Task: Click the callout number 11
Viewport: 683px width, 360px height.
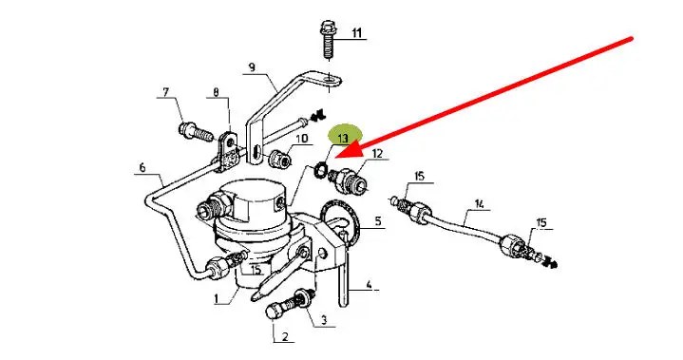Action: point(357,32)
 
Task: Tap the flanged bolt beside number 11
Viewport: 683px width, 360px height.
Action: point(327,39)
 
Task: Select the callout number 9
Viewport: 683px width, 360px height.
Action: point(252,67)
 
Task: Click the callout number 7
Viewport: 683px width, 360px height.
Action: point(165,92)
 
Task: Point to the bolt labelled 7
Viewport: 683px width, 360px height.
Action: point(195,130)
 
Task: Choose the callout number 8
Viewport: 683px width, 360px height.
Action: point(217,92)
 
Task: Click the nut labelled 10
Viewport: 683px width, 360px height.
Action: point(279,159)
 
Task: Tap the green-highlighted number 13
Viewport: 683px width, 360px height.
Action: point(343,139)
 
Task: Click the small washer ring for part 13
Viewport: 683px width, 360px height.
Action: point(321,168)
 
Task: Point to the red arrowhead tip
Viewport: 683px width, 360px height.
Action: point(336,156)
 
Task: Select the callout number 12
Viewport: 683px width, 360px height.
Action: point(377,153)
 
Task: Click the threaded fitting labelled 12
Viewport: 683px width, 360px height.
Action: point(349,180)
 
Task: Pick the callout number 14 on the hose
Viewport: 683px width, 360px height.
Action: point(479,203)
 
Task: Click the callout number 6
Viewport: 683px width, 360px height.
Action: point(142,167)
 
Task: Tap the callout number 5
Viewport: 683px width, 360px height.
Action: point(378,221)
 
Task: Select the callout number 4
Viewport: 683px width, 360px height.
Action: point(369,285)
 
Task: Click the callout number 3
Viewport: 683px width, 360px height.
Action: point(324,320)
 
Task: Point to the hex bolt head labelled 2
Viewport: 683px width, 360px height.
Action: point(273,313)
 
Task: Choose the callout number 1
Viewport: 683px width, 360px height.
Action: point(216,298)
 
